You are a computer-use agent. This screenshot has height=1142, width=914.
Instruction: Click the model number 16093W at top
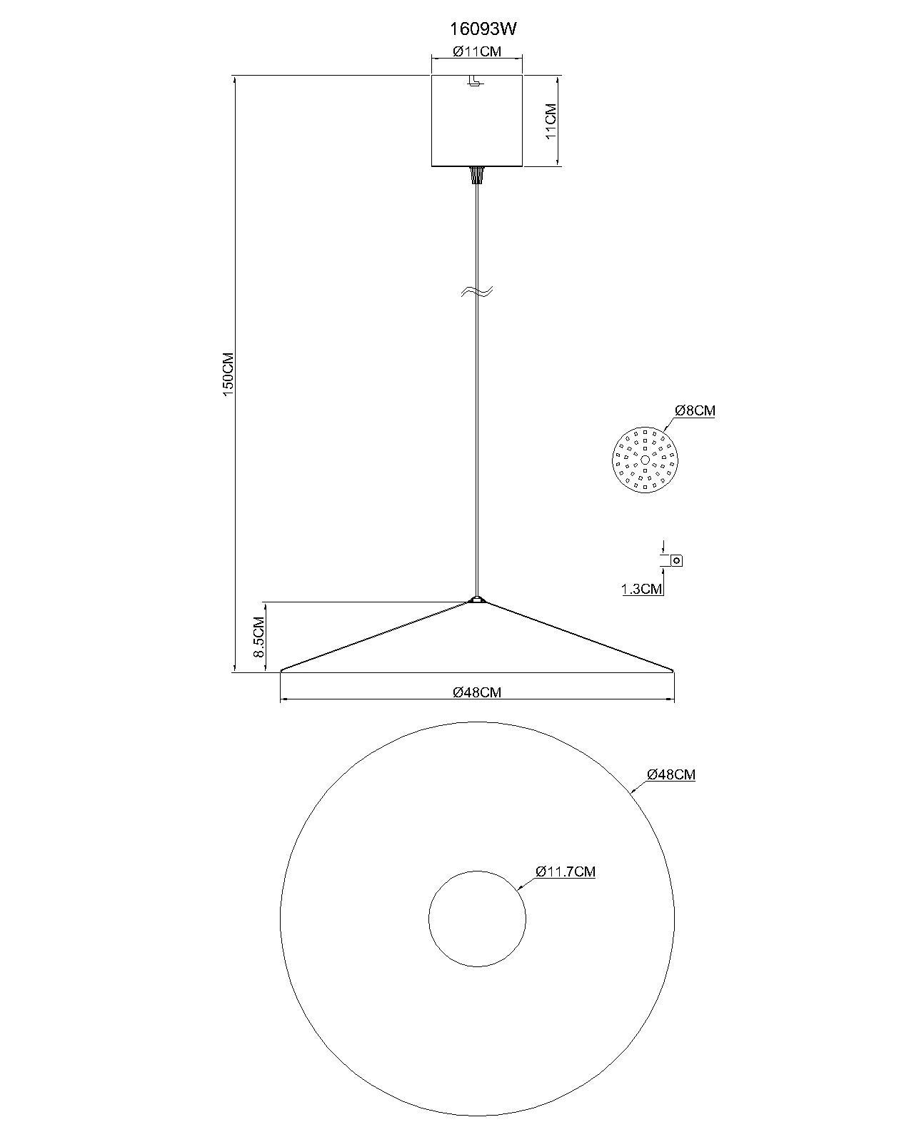pos(483,29)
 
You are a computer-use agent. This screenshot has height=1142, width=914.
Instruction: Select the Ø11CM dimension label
pos(477,51)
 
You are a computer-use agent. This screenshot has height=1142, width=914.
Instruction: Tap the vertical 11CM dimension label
pos(551,121)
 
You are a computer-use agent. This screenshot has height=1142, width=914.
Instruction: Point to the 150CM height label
pos(228,374)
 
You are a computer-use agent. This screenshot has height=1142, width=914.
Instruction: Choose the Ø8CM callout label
pos(695,410)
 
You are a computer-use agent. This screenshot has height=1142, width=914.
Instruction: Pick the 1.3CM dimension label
pos(642,589)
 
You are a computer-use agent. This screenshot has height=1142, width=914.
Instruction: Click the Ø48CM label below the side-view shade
pos(477,692)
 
